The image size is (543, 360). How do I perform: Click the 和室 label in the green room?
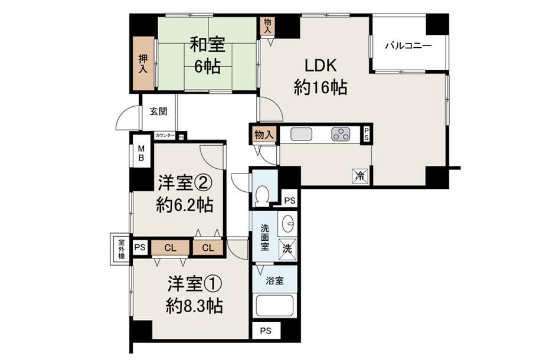[207, 45]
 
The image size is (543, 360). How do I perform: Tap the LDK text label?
[320, 66]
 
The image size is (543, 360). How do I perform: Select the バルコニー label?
[408, 45]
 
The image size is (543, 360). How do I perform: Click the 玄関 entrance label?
[158, 112]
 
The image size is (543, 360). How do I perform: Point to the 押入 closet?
[143, 64]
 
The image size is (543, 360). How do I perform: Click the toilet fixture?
[263, 195]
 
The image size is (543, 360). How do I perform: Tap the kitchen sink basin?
[301, 134]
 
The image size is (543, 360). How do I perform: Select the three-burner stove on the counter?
[341, 134]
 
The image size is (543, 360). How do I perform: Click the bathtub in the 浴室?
[275, 305]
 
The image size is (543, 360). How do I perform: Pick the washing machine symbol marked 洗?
[287, 248]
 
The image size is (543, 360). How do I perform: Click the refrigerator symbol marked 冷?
[360, 175]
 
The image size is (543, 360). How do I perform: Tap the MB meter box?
[140, 153]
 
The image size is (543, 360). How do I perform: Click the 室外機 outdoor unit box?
[120, 249]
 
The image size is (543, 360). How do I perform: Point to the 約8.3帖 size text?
[194, 306]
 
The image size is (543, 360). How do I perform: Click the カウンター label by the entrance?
[165, 136]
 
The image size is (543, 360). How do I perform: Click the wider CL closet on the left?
[170, 248]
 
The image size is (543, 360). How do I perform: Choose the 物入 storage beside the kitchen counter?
[264, 135]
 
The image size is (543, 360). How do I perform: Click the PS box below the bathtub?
[266, 331]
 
